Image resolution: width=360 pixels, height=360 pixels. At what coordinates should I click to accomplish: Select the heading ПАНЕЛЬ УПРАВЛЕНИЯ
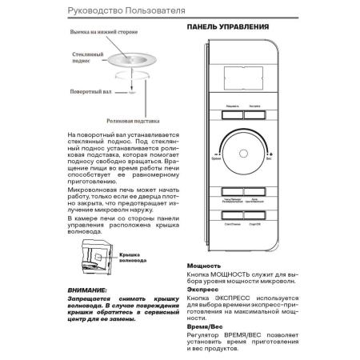click(228, 26)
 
